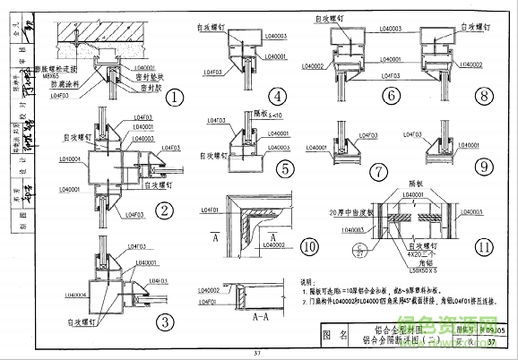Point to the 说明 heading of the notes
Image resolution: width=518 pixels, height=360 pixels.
pos(307,279)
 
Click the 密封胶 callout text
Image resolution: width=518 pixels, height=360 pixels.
pos(131,90)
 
